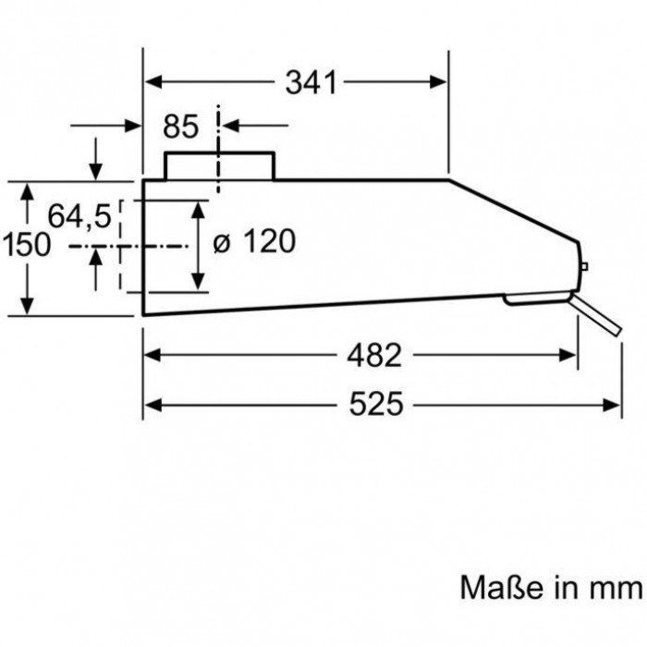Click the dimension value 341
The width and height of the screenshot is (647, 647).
point(309,83)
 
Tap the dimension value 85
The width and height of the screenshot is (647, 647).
point(181,126)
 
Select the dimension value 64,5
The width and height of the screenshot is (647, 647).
point(79,217)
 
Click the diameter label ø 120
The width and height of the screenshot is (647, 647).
point(253,243)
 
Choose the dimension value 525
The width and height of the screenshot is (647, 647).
point(376,404)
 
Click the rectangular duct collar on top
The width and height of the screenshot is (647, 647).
point(219,165)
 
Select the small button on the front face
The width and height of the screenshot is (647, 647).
point(584,268)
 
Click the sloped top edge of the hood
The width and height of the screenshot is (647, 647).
point(513,212)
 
